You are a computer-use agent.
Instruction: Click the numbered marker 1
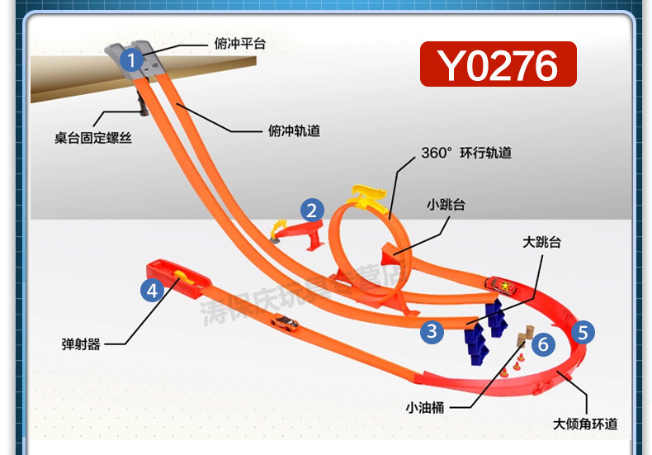point(130,59)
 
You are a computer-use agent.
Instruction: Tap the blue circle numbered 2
point(310,210)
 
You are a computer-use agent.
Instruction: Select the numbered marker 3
point(432,332)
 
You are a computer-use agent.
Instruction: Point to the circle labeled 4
point(151,290)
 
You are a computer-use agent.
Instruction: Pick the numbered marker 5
point(583,333)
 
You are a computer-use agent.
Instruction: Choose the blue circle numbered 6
point(542,344)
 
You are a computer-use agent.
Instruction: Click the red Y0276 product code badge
point(498,64)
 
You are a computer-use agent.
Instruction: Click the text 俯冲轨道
point(294,130)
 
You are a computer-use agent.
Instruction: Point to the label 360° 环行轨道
point(466,153)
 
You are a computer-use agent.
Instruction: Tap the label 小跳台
point(446,204)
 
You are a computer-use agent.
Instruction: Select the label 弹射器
point(81,344)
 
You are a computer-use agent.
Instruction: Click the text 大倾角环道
point(585,424)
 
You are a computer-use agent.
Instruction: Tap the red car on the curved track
point(502,286)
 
